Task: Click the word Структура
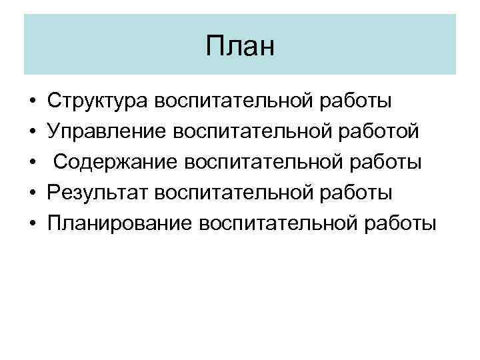click(97, 101)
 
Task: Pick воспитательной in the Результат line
click(237, 192)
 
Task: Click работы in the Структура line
click(358, 101)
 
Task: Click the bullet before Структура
click(31, 102)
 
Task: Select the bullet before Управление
click(31, 132)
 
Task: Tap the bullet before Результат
click(31, 193)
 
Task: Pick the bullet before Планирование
click(31, 223)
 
